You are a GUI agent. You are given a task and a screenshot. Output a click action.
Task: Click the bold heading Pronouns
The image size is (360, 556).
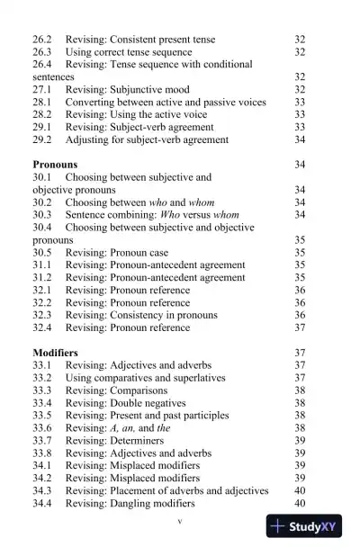[55, 166]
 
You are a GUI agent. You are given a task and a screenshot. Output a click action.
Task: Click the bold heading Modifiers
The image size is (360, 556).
[55, 353]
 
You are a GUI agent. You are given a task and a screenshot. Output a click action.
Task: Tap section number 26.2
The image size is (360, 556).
[42, 40]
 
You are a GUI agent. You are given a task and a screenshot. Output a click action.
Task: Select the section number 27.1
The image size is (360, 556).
[42, 90]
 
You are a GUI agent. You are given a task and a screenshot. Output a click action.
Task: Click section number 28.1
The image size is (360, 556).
[42, 103]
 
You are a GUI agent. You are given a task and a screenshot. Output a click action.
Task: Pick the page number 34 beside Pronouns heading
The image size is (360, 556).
[300, 166]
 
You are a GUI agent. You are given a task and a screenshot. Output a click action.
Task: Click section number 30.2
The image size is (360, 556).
[42, 202]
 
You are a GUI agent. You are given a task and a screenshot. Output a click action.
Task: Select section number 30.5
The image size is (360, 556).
[42, 253]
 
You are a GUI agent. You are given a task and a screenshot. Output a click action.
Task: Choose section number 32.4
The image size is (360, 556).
[42, 327]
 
